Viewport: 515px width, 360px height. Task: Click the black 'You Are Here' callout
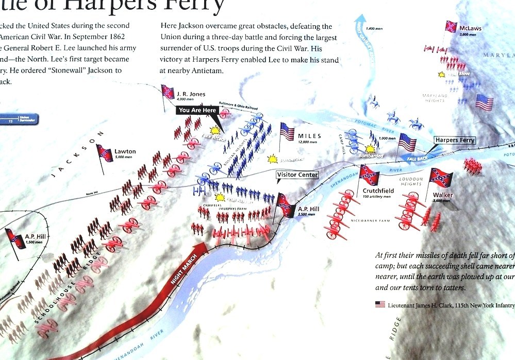coord(198,110)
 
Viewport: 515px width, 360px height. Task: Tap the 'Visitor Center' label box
coord(297,175)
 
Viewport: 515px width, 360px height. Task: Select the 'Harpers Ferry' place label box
coord(454,140)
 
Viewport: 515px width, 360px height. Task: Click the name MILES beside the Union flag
coord(309,136)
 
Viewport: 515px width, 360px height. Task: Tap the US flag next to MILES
coord(287,131)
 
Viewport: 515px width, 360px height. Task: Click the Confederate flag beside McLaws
coord(451,26)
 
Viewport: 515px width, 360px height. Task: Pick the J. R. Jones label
coord(191,94)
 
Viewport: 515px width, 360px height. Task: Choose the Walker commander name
coord(443,195)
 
